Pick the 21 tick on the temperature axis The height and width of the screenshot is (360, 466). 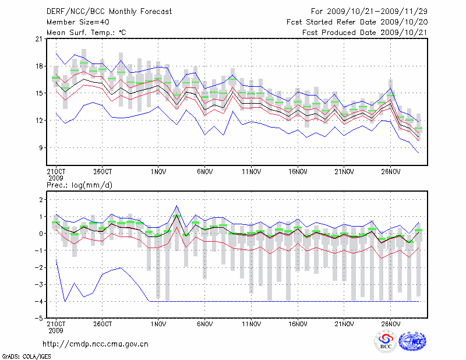(x=39, y=39)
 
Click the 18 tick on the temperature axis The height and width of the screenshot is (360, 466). (x=39, y=66)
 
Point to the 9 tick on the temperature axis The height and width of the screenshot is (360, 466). (x=41, y=148)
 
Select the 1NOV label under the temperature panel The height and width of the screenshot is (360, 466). (x=158, y=172)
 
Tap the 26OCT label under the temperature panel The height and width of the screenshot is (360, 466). (x=103, y=172)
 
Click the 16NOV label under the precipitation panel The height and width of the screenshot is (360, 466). (x=298, y=323)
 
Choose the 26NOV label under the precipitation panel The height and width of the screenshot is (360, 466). (x=391, y=323)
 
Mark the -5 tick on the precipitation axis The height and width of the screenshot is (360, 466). (x=39, y=319)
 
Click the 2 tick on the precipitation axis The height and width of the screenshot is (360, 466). (x=41, y=200)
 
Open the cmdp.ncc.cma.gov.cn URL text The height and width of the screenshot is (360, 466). (x=96, y=344)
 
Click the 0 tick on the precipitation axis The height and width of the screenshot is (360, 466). (x=41, y=234)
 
